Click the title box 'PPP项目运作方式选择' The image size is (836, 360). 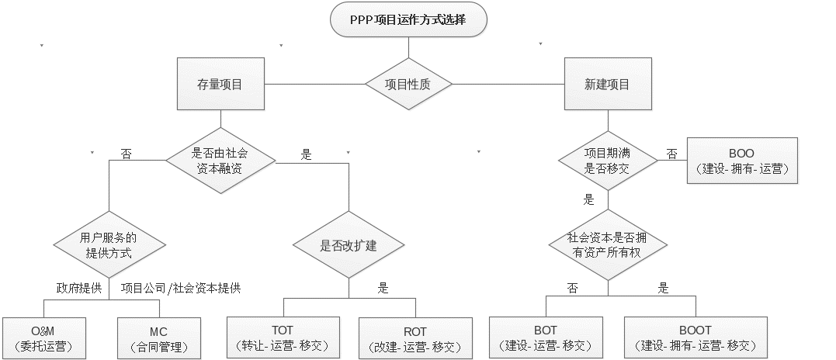coord(409,21)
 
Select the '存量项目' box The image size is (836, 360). coord(221,84)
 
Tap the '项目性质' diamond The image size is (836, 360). coord(409,84)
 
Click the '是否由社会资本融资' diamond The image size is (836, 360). coord(220,161)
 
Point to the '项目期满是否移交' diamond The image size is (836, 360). coord(607,161)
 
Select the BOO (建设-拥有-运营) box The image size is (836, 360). coord(742,161)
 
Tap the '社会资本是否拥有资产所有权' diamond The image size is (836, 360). coord(607,244)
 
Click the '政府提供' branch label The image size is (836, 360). coord(78,289)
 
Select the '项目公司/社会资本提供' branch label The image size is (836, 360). coord(181,289)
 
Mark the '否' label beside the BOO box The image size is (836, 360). coord(671,153)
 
